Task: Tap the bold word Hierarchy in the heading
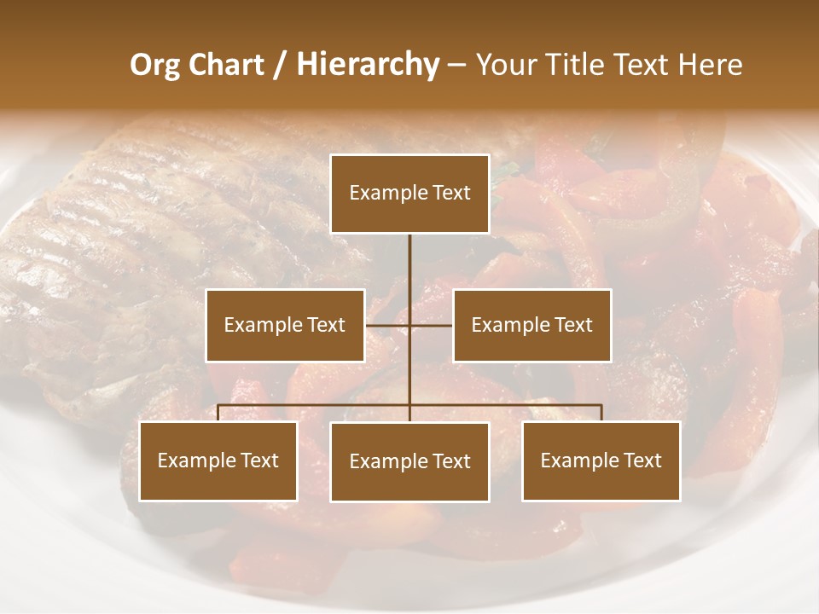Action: click(x=368, y=65)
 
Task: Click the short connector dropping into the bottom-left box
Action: click(x=218, y=413)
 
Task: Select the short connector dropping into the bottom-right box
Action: click(x=601, y=413)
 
